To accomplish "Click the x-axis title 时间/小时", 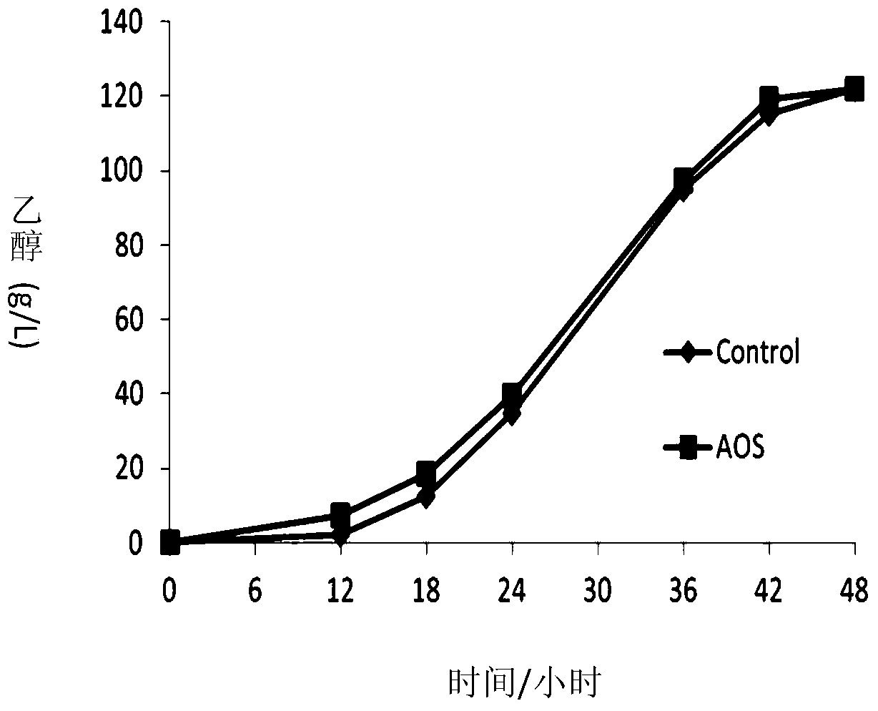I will pos(523,684).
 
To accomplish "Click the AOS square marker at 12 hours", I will pos(340,514).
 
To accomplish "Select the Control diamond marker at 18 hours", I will pos(426,497).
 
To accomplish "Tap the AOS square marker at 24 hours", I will pos(512,393).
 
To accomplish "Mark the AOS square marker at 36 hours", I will pos(684,180).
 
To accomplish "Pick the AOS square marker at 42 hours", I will pos(769,97).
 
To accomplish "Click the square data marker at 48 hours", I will pos(854,89).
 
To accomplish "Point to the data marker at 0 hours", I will pos(169,542).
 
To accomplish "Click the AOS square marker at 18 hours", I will pos(426,473).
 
